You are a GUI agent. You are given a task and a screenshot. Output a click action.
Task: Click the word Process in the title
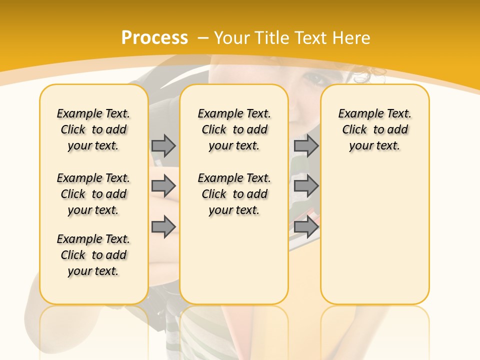pyautogui.click(x=154, y=38)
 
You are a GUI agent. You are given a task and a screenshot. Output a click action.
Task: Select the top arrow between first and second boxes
pyautogui.click(x=163, y=145)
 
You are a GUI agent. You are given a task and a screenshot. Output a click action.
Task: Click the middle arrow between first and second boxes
pyautogui.click(x=163, y=186)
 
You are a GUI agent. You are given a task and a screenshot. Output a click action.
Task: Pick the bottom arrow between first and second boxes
pyautogui.click(x=163, y=226)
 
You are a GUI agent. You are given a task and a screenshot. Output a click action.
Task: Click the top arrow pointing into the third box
pyautogui.click(x=306, y=145)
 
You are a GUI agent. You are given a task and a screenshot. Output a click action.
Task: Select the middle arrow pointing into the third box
pyautogui.click(x=306, y=186)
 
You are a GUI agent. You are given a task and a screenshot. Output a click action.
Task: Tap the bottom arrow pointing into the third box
pyautogui.click(x=306, y=226)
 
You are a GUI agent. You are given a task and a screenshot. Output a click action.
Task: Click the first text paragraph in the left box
pyautogui.click(x=93, y=129)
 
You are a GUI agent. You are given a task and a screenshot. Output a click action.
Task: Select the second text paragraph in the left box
pyautogui.click(x=93, y=194)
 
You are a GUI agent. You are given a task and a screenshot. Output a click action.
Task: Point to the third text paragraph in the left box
pyautogui.click(x=93, y=255)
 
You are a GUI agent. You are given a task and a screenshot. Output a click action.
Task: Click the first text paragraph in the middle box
pyautogui.click(x=234, y=129)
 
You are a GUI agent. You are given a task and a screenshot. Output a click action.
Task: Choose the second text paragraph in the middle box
pyautogui.click(x=234, y=194)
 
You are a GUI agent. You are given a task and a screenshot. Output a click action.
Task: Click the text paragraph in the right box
pyautogui.click(x=375, y=129)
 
